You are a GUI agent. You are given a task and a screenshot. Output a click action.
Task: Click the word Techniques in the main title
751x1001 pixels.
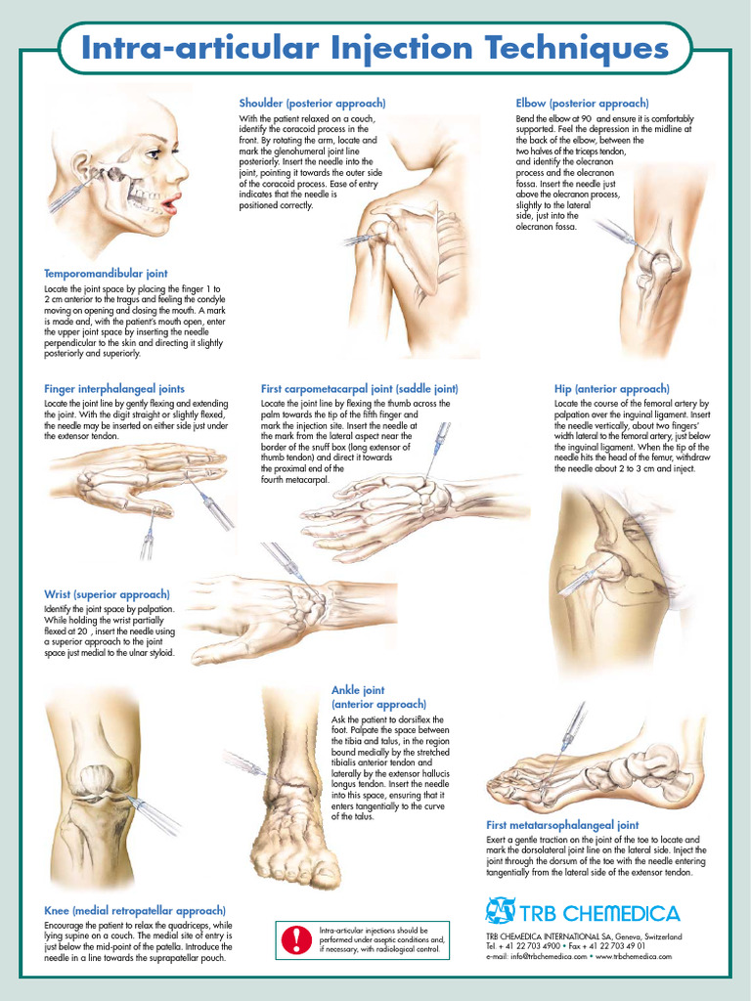click(x=576, y=50)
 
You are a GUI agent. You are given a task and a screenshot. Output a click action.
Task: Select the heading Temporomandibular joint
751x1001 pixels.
click(x=106, y=274)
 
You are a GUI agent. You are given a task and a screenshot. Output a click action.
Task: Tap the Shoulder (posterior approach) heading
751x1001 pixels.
click(x=312, y=104)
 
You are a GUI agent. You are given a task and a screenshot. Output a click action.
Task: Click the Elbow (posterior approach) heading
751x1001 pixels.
click(x=583, y=104)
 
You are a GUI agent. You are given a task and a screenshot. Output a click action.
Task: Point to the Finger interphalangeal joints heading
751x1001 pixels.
click(x=114, y=389)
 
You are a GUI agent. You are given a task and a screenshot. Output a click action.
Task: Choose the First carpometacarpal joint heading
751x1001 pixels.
click(x=360, y=389)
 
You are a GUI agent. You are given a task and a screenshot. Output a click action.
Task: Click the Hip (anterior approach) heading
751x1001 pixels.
click(x=612, y=389)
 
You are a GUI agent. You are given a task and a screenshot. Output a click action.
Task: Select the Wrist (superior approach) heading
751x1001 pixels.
click(x=108, y=595)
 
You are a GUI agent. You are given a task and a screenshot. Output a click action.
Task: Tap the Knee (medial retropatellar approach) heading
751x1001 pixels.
click(x=135, y=911)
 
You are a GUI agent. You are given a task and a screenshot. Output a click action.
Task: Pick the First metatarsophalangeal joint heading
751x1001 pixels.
click(x=562, y=825)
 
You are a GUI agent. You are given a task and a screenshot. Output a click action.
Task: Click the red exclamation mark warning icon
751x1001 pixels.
click(x=296, y=939)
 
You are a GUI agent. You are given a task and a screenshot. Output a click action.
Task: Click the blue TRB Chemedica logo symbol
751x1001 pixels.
click(x=500, y=911)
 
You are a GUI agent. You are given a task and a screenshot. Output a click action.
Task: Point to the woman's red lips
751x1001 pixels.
click(x=170, y=205)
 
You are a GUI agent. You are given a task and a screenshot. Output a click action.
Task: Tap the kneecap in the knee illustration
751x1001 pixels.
click(x=96, y=779)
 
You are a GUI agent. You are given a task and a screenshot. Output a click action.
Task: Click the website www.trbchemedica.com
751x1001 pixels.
click(x=634, y=956)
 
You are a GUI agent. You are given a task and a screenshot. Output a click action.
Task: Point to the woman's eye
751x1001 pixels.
click(x=154, y=153)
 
